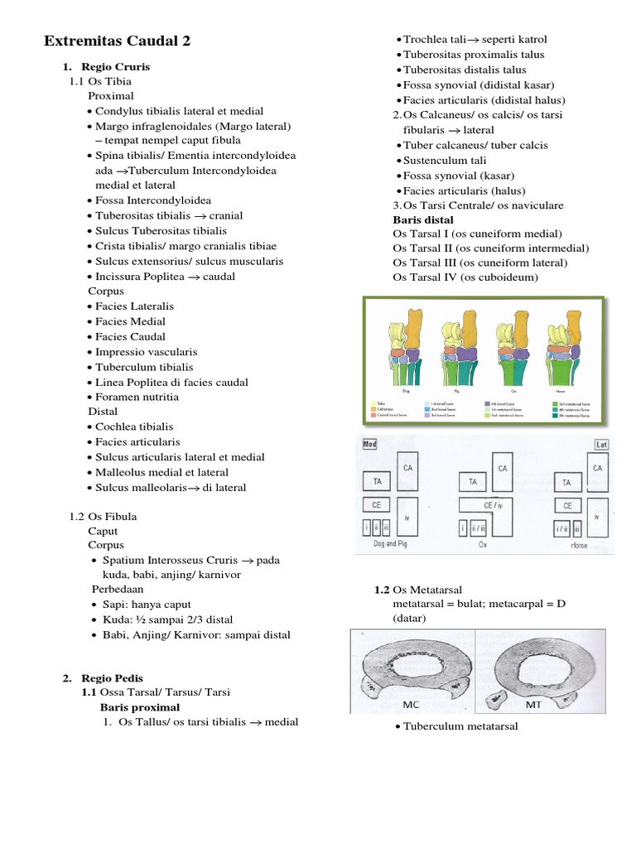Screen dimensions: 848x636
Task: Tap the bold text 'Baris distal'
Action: coord(423,219)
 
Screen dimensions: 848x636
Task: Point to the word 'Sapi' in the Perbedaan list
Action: coord(115,605)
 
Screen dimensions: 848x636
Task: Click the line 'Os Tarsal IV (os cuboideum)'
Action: coord(465,277)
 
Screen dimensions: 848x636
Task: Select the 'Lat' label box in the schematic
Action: coord(601,445)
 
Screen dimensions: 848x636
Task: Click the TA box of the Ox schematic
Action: coord(472,481)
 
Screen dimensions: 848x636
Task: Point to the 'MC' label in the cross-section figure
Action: coord(412,705)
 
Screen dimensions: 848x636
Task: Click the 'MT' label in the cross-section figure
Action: coord(534,705)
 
